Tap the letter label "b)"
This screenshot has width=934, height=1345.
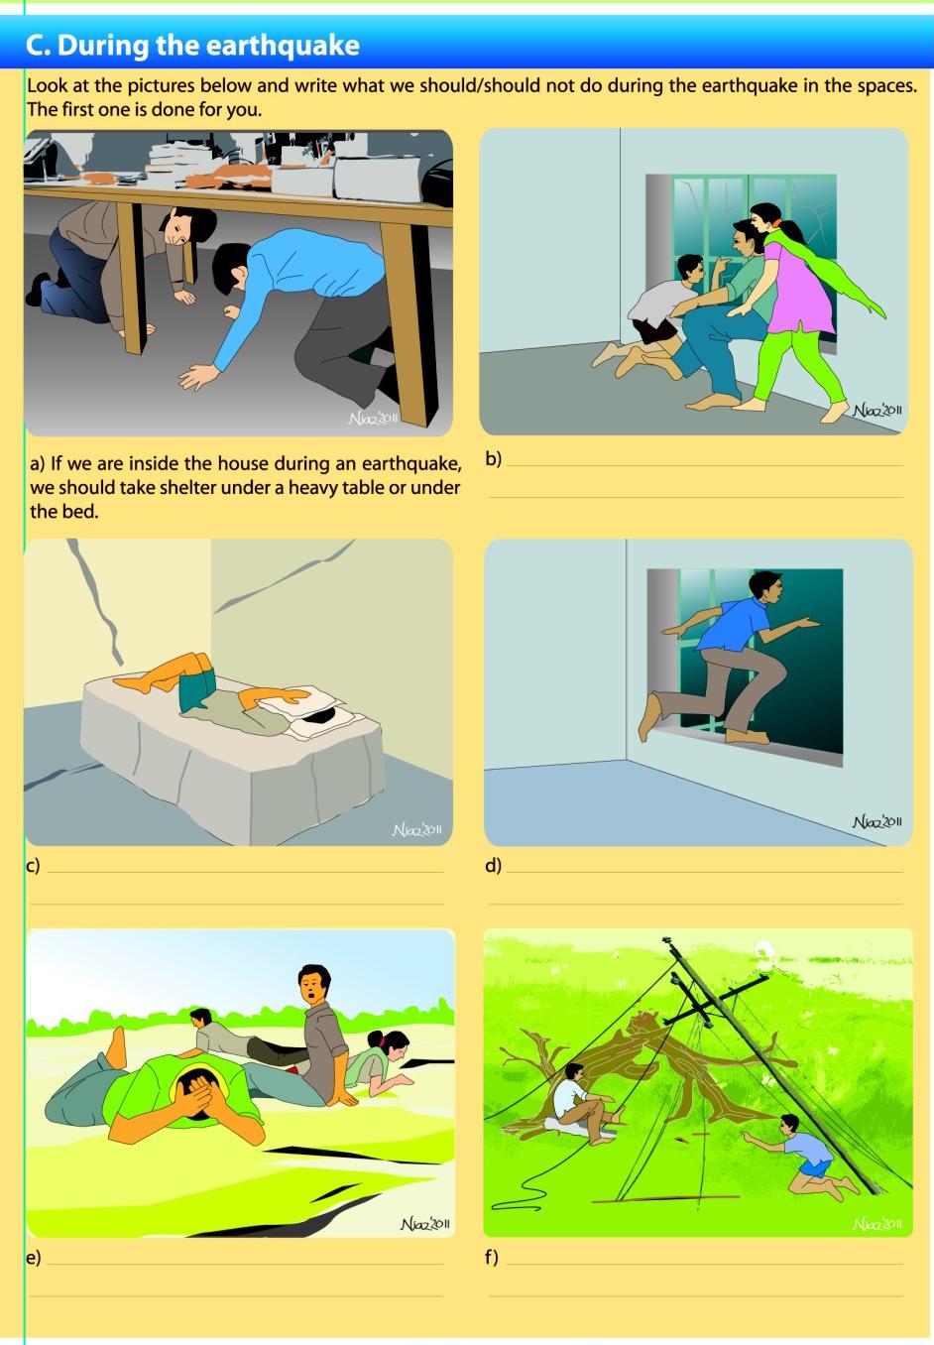(x=494, y=458)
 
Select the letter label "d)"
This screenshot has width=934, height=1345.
(x=493, y=865)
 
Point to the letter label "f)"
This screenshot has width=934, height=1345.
(x=492, y=1257)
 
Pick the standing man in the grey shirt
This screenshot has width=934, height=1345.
(x=321, y=1032)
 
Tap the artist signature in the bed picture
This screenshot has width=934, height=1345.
(x=416, y=830)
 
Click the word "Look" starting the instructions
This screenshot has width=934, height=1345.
(x=47, y=85)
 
